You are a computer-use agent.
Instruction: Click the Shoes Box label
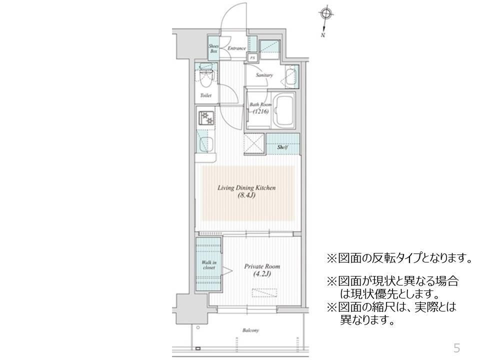[213, 48]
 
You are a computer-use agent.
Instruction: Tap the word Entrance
[236, 48]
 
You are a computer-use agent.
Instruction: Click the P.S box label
[252, 57]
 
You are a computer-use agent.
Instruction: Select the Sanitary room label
[264, 75]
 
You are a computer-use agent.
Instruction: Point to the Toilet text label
[205, 95]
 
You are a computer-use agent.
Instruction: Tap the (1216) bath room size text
[261, 111]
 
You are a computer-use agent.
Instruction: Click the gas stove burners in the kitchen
[205, 118]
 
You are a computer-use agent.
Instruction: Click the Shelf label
[282, 147]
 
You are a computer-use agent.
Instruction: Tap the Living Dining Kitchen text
[246, 188]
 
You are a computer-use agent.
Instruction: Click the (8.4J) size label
[246, 195]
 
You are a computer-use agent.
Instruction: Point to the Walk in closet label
[209, 265]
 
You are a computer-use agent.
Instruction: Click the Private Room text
[262, 266]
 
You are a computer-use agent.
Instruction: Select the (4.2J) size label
[262, 274]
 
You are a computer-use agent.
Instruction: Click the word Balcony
[251, 330]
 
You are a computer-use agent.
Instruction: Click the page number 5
[456, 347]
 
